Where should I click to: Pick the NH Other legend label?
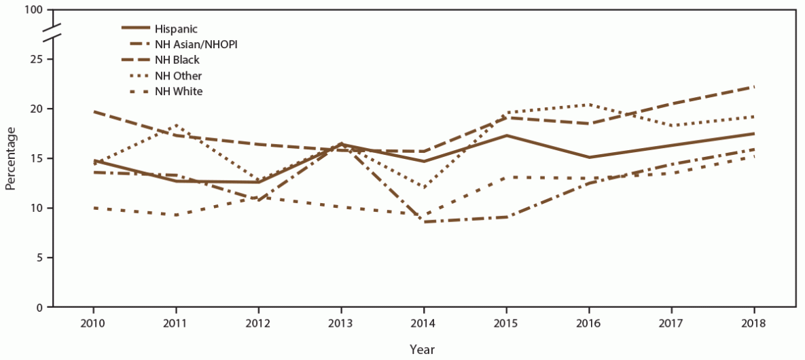point(178,75)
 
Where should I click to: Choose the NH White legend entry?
point(179,91)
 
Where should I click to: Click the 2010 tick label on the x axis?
point(93,323)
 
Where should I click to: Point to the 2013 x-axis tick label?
point(341,323)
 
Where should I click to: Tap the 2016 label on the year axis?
point(589,323)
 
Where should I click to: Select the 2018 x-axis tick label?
point(754,323)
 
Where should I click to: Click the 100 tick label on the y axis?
point(34,11)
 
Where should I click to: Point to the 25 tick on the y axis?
point(37,60)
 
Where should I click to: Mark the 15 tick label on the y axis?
point(37,159)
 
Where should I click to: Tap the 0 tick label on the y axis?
point(40,308)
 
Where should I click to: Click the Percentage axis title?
point(10,159)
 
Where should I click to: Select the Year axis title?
point(423,349)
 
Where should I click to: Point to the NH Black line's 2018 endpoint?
point(754,87)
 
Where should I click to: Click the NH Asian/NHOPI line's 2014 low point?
point(424,222)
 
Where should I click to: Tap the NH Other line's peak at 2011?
point(176,125)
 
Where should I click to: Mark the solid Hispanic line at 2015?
point(506,135)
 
